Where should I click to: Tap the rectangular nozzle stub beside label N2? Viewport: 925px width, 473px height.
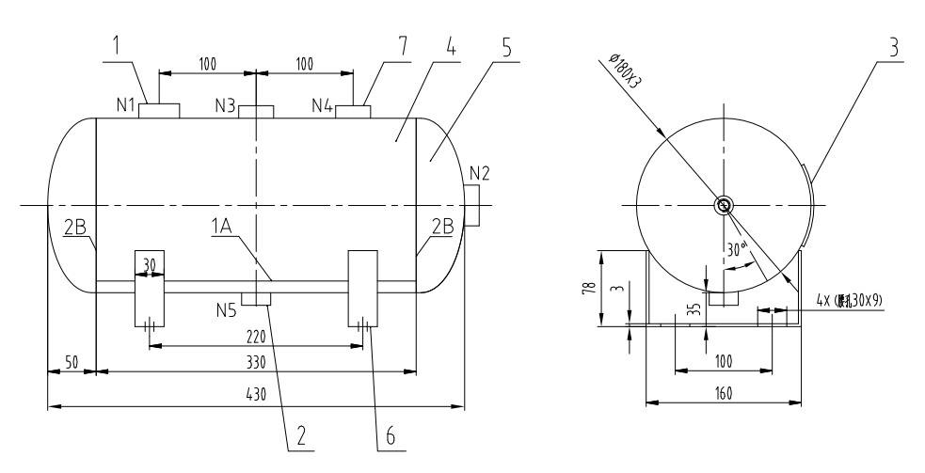[x=472, y=204]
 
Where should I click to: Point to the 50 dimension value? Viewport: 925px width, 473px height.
[x=72, y=361]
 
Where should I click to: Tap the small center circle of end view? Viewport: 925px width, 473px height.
[x=723, y=206]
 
